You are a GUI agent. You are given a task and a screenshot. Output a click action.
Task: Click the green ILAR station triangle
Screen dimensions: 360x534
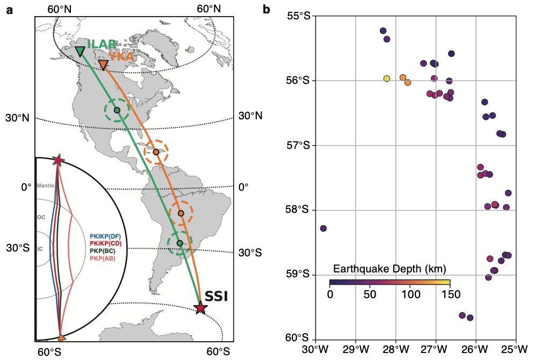tap(80, 51)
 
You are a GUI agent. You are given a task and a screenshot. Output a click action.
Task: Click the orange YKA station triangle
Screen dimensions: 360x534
tap(103, 64)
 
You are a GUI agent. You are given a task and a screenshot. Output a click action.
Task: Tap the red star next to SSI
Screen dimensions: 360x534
tap(200, 308)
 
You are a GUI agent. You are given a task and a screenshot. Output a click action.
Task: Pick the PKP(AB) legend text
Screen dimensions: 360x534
tap(105, 258)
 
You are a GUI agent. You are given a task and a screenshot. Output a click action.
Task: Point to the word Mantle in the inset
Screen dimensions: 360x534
tap(46, 186)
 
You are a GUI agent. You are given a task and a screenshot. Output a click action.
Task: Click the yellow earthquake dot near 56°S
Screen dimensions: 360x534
tap(387, 78)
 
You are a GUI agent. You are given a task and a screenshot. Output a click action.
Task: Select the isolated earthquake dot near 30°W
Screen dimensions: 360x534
tap(323, 228)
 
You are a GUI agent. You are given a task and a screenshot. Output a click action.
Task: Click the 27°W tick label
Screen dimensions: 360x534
tap(436, 349)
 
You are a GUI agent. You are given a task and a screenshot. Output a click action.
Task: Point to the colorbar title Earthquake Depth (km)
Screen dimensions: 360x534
tap(390, 269)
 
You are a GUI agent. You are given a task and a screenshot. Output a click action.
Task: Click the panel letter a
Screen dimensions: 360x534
tap(9, 9)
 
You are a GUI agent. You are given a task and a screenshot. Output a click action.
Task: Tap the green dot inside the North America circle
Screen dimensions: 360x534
tap(117, 110)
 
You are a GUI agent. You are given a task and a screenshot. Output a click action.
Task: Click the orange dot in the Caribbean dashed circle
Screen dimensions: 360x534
tap(156, 152)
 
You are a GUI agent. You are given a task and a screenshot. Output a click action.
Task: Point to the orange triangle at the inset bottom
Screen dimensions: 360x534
tap(61, 337)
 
